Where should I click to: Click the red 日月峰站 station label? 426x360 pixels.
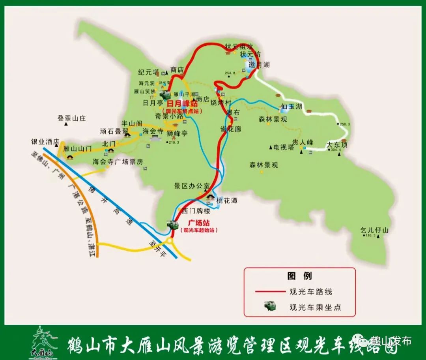182,103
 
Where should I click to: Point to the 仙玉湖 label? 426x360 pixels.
291,107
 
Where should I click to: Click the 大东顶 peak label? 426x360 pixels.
337,145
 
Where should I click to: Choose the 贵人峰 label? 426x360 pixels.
303,142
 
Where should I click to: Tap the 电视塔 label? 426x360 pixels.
283,147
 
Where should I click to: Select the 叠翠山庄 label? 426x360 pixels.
71,118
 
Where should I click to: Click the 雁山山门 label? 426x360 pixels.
77,148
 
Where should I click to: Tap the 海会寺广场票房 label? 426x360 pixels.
118,161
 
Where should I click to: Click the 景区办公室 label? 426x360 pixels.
192,186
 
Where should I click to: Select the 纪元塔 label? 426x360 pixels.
148,72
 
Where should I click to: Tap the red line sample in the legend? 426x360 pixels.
270,292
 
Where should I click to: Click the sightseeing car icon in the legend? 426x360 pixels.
270,306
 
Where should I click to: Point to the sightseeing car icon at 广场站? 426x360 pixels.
172,225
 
